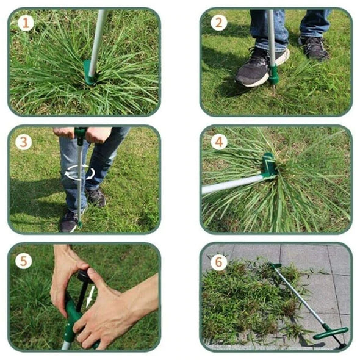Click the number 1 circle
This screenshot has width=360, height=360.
tap(25, 23)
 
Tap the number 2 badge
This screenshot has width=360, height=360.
tap(218, 23)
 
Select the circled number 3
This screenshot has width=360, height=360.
tap(24, 142)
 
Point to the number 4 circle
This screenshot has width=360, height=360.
tap(218, 142)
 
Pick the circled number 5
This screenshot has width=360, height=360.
tap(24, 261)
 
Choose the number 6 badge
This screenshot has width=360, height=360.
tap(218, 262)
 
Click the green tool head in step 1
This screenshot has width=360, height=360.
tap(90, 72)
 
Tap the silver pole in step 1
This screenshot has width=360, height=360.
tap(98, 37)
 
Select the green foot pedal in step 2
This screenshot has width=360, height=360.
tap(274, 74)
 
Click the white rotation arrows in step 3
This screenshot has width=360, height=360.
tap(80, 173)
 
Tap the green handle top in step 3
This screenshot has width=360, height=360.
tap(81, 132)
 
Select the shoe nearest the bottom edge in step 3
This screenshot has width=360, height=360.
tap(69, 220)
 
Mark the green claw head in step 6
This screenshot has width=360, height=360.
tap(276, 267)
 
